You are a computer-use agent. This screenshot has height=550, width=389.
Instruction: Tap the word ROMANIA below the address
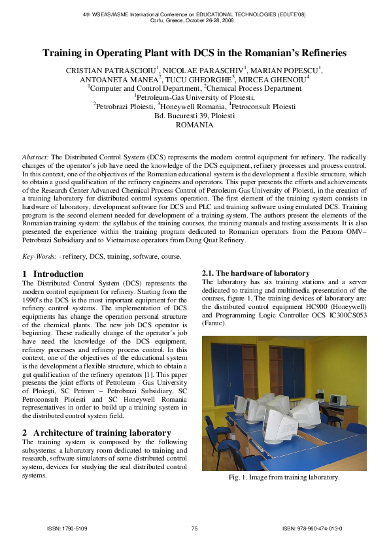[x=194, y=125]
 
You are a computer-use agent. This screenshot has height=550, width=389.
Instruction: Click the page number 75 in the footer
[x=194, y=528]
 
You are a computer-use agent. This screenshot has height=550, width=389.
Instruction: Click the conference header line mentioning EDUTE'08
[x=194, y=14]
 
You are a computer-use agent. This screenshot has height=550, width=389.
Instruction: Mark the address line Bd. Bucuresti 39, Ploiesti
[x=194, y=115]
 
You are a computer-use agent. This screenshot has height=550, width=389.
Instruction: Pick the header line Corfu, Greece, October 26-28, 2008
[x=194, y=21]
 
